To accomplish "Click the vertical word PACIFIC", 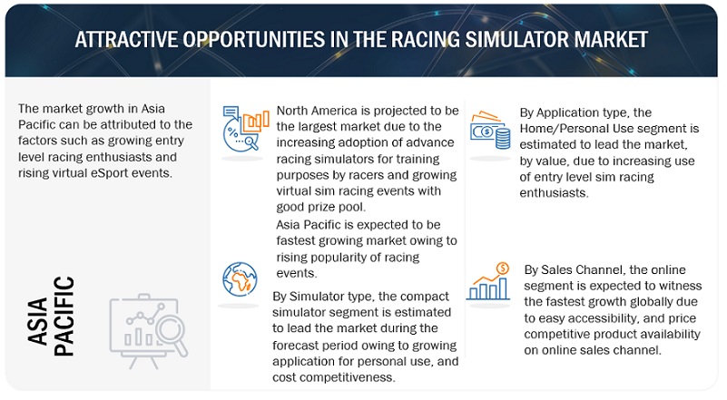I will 64,317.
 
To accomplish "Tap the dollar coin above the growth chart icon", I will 504,268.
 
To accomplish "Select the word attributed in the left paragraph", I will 126,123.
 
